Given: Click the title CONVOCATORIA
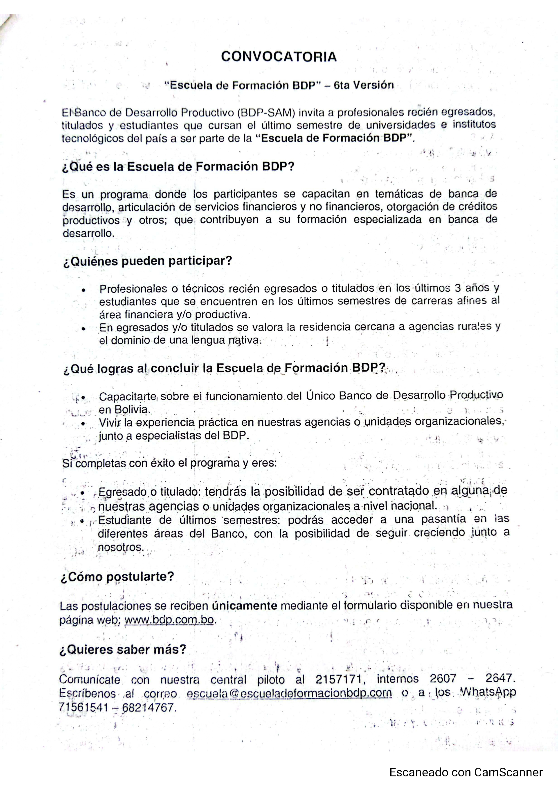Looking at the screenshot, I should tap(279, 57).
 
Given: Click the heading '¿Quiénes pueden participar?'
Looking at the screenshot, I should tap(148, 261).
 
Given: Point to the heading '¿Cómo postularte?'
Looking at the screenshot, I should tap(117, 577).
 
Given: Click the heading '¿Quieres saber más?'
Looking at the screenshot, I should tap(123, 650).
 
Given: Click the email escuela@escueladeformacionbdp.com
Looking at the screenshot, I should tap(289, 693).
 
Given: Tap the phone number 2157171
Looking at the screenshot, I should tap(339, 679).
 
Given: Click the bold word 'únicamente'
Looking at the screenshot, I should tap(244, 606).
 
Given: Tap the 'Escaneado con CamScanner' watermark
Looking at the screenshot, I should tap(466, 773).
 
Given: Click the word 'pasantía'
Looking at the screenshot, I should tap(443, 519).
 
